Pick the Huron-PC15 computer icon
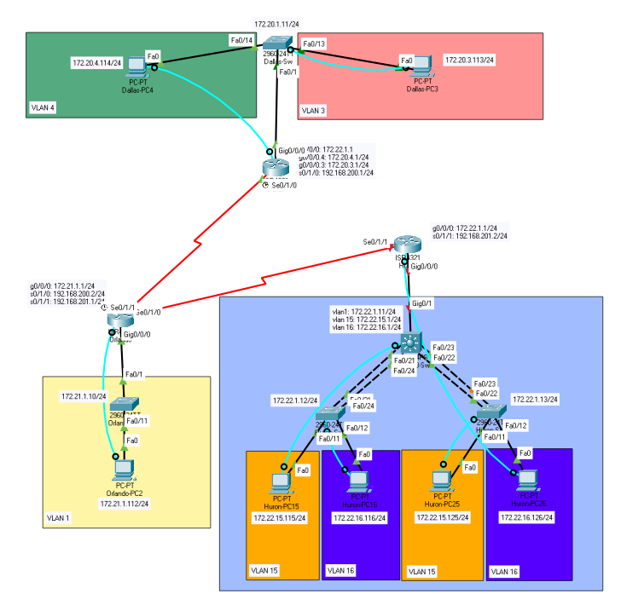[281, 483]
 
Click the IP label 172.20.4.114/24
[97, 63]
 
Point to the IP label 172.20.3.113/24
[470, 61]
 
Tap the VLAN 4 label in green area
[44, 109]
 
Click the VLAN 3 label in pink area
[314, 111]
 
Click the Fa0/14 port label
[242, 40]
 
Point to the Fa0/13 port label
[314, 43]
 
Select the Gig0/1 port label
[422, 303]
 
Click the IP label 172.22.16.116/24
[359, 517]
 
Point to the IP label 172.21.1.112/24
[124, 504]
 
